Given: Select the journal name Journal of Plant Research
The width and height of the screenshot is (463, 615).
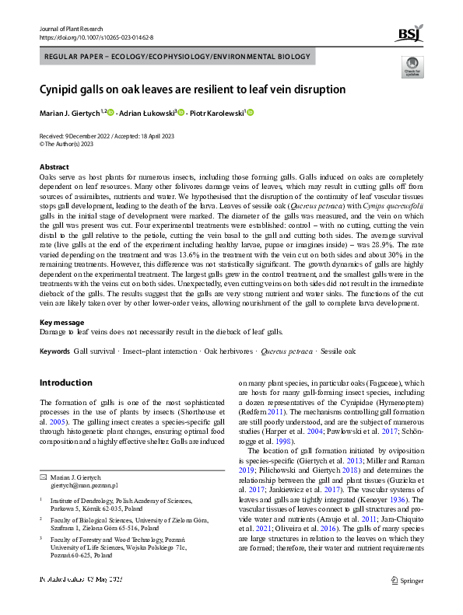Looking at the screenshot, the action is click(71, 28).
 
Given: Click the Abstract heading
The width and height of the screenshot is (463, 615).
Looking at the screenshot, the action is click(54, 167).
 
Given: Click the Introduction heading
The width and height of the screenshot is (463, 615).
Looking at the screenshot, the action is click(65, 383).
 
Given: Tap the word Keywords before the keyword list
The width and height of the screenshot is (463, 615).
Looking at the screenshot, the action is click(54, 351).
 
